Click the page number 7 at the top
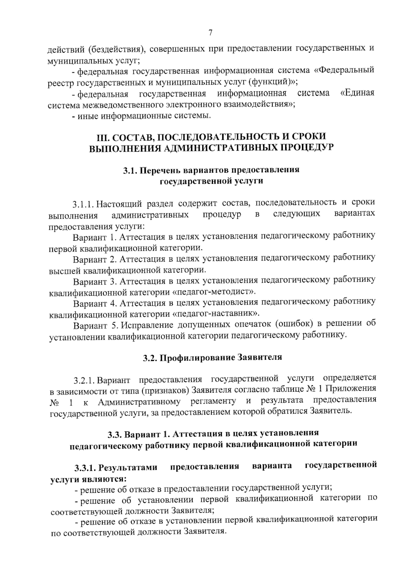tap(210, 33)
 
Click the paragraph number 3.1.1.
tap(83, 204)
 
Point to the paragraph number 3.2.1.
tap(85, 381)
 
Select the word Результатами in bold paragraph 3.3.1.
tap(129, 468)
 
